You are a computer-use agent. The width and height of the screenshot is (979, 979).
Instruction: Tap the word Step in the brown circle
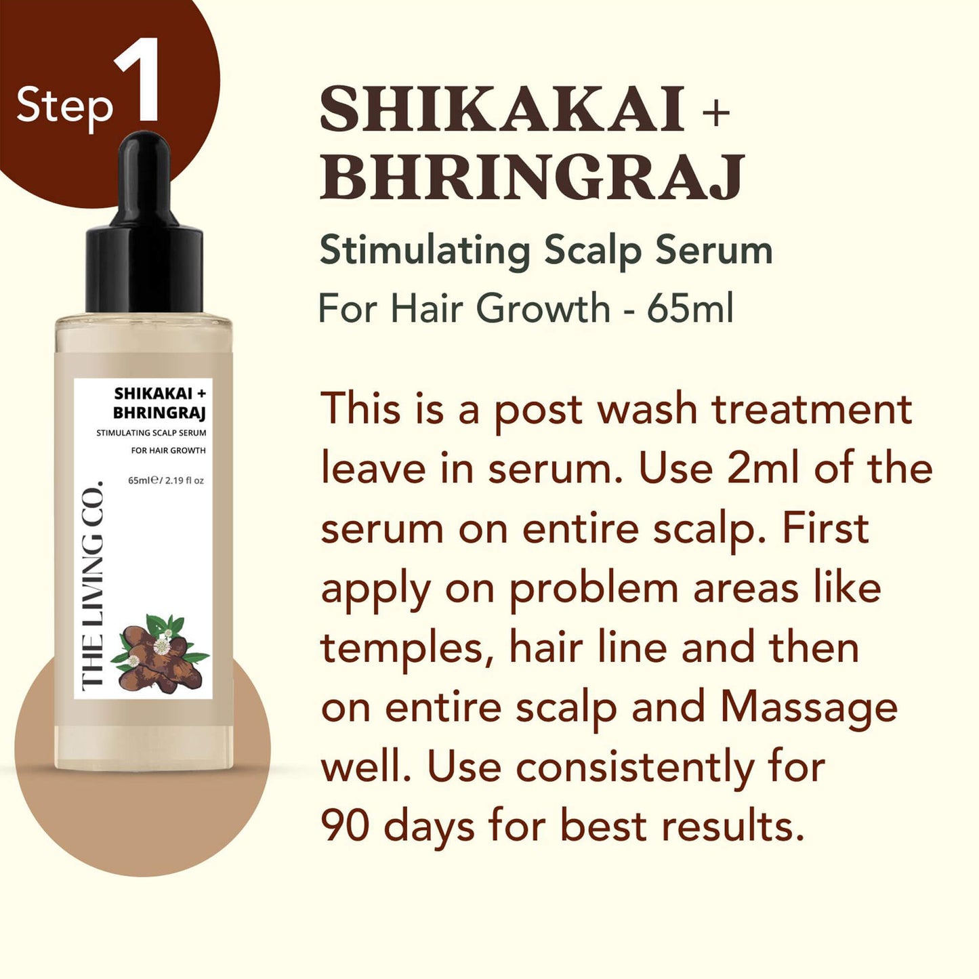click(x=64, y=107)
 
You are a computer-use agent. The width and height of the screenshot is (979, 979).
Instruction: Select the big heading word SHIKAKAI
click(x=502, y=110)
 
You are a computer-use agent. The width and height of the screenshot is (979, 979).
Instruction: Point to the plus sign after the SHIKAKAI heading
click(x=715, y=112)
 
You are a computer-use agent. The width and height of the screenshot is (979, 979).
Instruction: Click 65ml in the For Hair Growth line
click(x=690, y=309)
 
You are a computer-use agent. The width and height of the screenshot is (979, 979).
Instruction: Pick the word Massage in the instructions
click(x=809, y=707)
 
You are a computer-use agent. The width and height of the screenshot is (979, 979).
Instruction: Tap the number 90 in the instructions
click(x=345, y=826)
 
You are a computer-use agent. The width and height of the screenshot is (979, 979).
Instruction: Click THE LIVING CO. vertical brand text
click(x=92, y=586)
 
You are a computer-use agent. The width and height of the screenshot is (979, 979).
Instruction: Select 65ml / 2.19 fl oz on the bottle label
click(x=166, y=480)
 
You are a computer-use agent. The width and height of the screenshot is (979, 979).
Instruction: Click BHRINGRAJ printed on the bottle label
click(x=159, y=413)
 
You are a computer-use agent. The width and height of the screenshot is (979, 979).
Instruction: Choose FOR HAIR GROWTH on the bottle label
click(x=168, y=451)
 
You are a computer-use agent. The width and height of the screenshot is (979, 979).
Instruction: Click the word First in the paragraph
click(x=825, y=528)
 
